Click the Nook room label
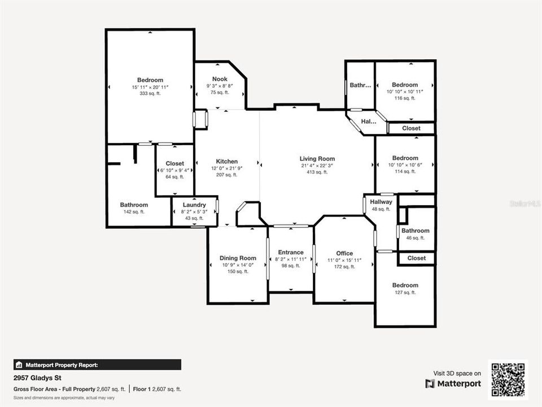[220, 79]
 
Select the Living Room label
[317, 159]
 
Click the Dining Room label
[238, 258]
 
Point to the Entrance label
[291, 253]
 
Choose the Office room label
[344, 253]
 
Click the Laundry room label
[194, 205]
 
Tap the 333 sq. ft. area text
[150, 94]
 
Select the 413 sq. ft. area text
[317, 172]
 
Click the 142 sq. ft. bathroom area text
[134, 212]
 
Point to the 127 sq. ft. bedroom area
[405, 292]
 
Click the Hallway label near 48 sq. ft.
[381, 202]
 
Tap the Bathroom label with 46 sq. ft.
[416, 231]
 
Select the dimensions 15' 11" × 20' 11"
[150, 87]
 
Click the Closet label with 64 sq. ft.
[175, 163]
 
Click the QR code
[508, 380]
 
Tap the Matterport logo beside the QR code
[453, 384]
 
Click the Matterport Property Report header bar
[97, 365]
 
